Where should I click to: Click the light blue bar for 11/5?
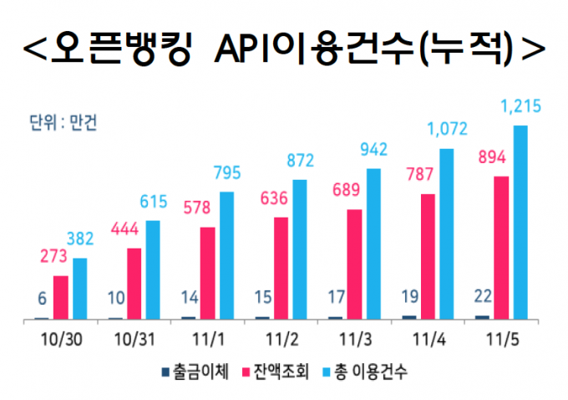(520, 223)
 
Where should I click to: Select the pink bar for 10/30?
(61, 298)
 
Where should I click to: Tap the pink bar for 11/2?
(281, 269)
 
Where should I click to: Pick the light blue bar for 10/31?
(153, 269)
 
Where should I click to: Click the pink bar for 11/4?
(429, 256)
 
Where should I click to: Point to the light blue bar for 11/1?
(226, 255)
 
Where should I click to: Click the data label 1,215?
(520, 106)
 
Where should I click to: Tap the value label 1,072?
(445, 130)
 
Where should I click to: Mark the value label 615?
(153, 203)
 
